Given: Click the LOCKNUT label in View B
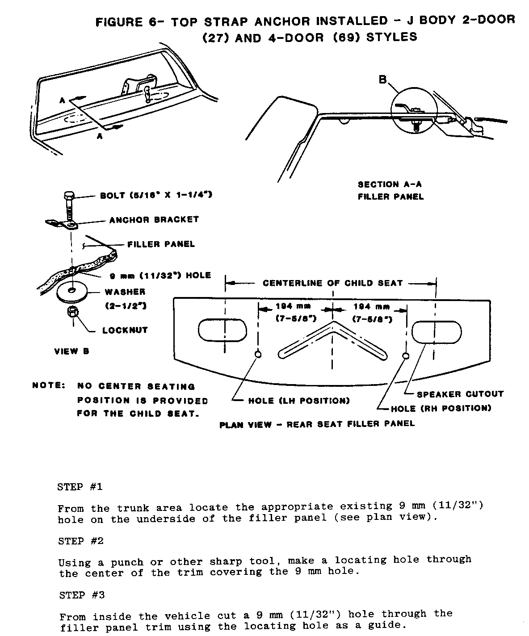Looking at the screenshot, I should [x=125, y=331].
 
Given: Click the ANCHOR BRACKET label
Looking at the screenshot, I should [x=154, y=220].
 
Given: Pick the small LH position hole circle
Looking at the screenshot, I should [x=258, y=355].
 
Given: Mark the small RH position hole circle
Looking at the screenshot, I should [x=406, y=356].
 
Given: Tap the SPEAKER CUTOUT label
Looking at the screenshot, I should [x=460, y=394].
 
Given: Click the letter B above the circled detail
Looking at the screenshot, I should [x=382, y=79].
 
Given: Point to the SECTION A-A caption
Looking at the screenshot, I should [x=390, y=184].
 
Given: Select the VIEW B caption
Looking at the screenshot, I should [x=71, y=351].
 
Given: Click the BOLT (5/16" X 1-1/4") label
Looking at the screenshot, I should [x=155, y=195].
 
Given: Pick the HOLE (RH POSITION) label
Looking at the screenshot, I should [x=441, y=408].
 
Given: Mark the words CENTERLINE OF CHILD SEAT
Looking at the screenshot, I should [x=332, y=283].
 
